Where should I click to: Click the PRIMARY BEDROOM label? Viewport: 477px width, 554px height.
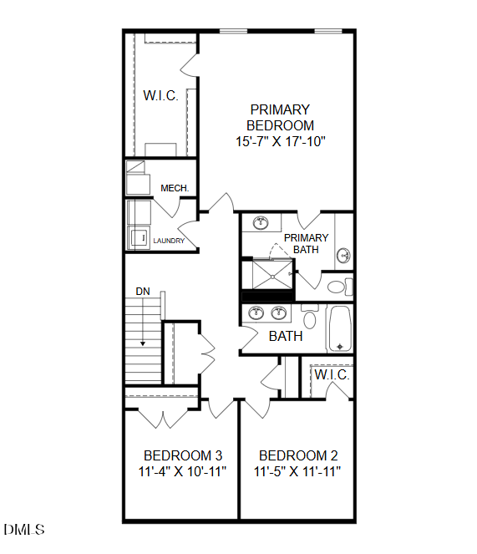[x=279, y=118]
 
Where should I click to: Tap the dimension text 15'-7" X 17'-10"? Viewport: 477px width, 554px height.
[x=279, y=141]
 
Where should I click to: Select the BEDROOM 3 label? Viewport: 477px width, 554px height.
[x=183, y=455]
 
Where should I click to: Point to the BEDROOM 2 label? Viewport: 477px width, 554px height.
[x=298, y=455]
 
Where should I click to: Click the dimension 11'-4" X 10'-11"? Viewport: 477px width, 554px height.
[x=182, y=471]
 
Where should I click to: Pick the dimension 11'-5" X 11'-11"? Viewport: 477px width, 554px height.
[x=298, y=471]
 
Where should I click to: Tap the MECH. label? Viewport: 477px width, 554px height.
[x=175, y=188]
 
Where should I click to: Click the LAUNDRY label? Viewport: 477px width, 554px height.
[x=168, y=241]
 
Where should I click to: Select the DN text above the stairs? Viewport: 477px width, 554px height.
[x=143, y=291]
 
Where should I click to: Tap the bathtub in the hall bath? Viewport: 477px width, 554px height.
[x=339, y=329]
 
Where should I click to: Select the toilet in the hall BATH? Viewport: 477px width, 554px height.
[x=310, y=318]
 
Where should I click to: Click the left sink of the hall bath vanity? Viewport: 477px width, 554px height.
[x=256, y=313]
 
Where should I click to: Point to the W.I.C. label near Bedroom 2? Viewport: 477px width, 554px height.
[x=331, y=375]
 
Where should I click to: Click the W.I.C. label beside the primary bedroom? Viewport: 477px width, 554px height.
[x=160, y=95]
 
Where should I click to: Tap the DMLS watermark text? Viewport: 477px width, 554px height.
[x=24, y=530]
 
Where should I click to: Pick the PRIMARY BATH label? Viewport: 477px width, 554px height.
[x=306, y=243]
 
